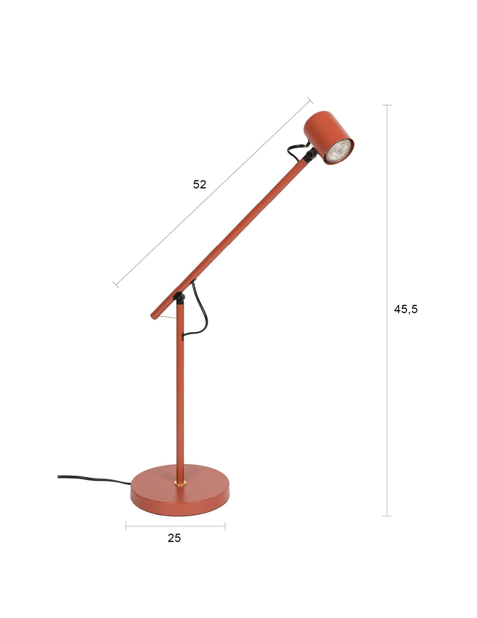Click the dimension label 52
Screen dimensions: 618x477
[x=200, y=184]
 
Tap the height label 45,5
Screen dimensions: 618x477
[x=406, y=309]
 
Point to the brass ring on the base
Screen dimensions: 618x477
[x=180, y=483]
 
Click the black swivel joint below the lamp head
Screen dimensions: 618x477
[x=310, y=155]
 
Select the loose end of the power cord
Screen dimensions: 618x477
[x=59, y=477]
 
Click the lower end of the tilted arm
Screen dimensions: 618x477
[x=153, y=315]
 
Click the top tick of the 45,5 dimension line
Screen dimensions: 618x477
[x=387, y=105]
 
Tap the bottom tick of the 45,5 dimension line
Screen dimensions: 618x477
[x=387, y=516]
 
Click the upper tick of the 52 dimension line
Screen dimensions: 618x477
[x=310, y=100]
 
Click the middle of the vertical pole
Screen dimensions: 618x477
[x=180, y=391]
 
